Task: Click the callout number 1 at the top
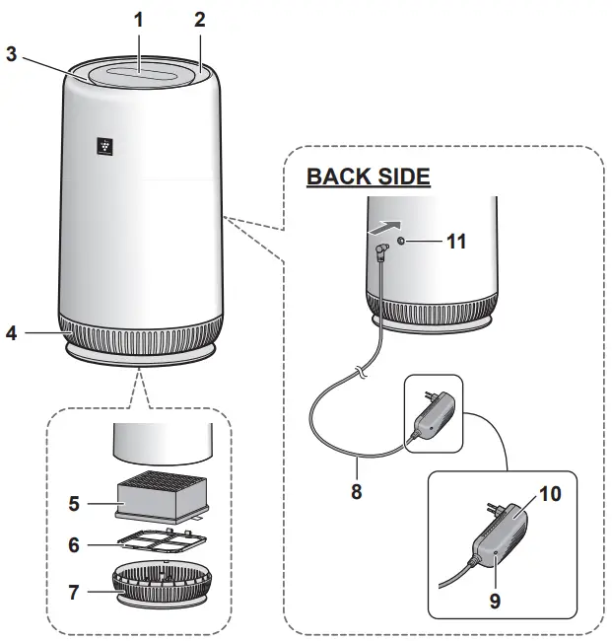139,17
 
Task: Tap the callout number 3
12,54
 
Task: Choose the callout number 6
74,544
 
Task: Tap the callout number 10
549,493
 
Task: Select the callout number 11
456,241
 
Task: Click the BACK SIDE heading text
368,177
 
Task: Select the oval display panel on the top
139,73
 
